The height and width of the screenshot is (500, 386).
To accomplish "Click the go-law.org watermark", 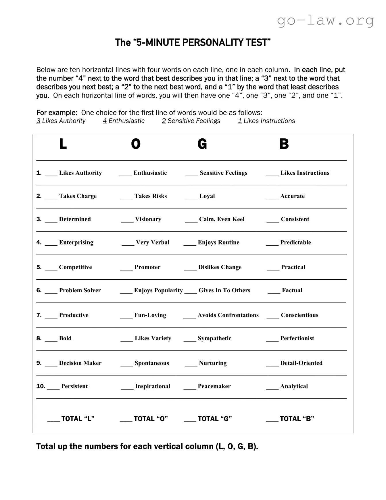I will (x=325, y=21).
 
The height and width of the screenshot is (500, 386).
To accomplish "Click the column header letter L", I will (x=63, y=144).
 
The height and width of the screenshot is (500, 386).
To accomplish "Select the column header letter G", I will (x=202, y=144).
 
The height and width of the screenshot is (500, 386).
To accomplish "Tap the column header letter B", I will (x=284, y=144).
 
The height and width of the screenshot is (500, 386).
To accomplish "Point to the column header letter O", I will (x=136, y=144).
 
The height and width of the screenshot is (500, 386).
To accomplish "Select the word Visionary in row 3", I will (x=148, y=219).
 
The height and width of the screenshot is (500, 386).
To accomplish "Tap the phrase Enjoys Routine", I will (x=218, y=243).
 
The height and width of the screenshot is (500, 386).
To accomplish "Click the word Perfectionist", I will (x=297, y=338).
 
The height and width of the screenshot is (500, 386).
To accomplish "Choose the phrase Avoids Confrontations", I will (x=228, y=315).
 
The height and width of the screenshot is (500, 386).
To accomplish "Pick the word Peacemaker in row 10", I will (x=214, y=386).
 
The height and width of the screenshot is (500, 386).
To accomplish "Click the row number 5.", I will (x=39, y=267).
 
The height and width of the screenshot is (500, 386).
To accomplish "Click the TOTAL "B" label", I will (x=297, y=419).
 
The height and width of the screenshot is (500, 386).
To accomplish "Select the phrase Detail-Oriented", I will (x=301, y=363).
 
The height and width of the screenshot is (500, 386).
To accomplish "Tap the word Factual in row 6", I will (x=292, y=291).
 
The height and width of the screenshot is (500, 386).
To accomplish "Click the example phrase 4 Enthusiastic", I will (x=124, y=121).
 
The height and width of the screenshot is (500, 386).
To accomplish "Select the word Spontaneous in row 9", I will (x=152, y=363).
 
